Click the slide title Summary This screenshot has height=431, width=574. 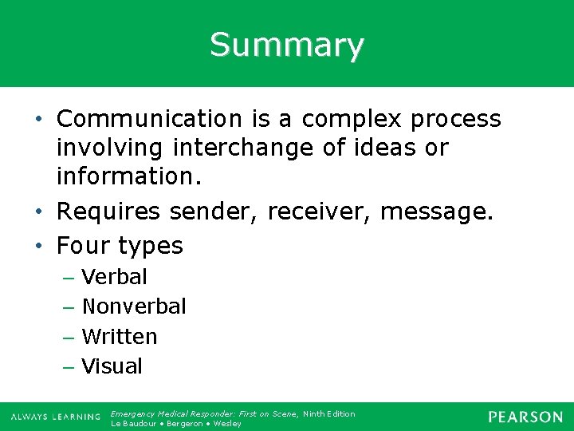pyautogui.click(x=287, y=45)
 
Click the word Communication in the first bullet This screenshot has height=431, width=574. pyautogui.click(x=148, y=119)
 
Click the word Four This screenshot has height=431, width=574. pyautogui.click(x=83, y=246)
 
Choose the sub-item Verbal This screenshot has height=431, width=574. pyautogui.click(x=115, y=277)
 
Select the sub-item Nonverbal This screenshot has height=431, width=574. pyautogui.click(x=134, y=306)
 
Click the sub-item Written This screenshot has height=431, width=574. pyautogui.click(x=120, y=337)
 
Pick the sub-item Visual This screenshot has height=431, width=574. pyautogui.click(x=112, y=366)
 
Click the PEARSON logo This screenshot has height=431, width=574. pyautogui.click(x=525, y=417)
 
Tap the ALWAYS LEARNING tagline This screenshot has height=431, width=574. pyautogui.click(x=56, y=417)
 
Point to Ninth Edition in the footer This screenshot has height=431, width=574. pyautogui.click(x=329, y=413)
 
